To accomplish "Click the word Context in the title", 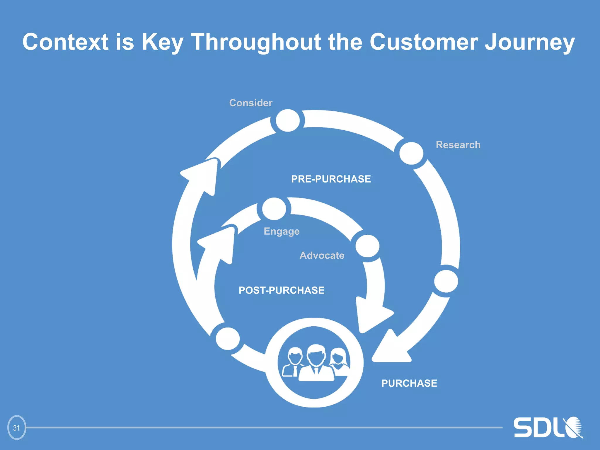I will pos(65,42).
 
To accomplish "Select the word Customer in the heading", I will pos(424,42).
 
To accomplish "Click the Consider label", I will pos(251,103).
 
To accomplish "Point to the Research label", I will pos(458,145).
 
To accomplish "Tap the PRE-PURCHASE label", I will pos(331,179).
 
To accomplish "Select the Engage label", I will pos(282,231).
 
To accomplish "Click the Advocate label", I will pos(322,255).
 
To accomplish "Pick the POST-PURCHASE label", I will pos(282,290).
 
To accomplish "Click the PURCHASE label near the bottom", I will pos(409,383).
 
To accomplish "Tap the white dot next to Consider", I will pos(288,120).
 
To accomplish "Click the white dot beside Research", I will pos(411,153).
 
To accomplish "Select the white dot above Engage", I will pos(274,209).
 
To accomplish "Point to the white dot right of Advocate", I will pos(367,246).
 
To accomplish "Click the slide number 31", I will pos(16,428).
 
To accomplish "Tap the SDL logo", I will pos(548,428).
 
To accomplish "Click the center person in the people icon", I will pos(316,363).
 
